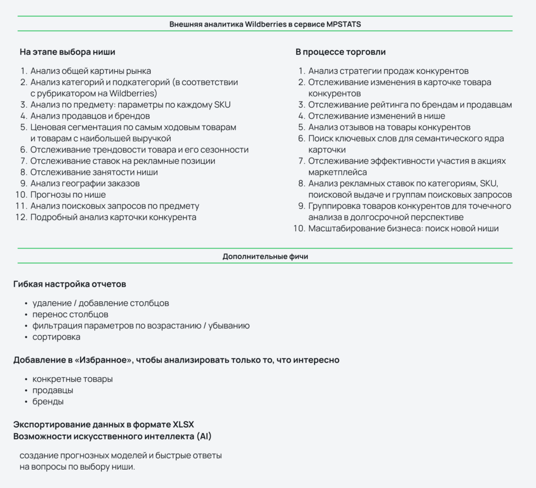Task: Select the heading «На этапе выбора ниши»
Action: (x=68, y=52)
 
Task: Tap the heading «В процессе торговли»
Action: (x=341, y=52)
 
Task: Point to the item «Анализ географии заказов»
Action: (x=85, y=184)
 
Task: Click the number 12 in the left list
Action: (x=21, y=218)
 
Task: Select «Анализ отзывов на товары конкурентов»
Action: (x=389, y=127)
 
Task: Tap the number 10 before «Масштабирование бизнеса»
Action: (x=299, y=229)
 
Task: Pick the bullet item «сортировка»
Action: (x=56, y=337)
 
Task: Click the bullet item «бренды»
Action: (x=48, y=402)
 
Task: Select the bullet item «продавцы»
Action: (x=52, y=390)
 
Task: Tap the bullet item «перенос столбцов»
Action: (x=70, y=314)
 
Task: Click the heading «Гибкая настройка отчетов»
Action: (x=70, y=285)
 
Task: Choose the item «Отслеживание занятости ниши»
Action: (x=94, y=172)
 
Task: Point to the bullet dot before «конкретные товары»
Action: (x=26, y=379)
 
